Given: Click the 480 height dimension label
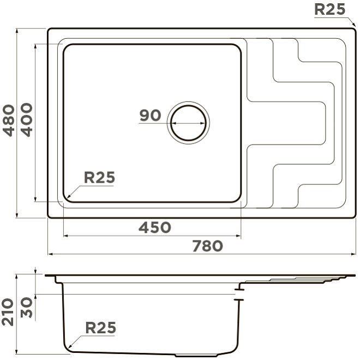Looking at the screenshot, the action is coord(9,121).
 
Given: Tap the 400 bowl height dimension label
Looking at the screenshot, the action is coord(27,120).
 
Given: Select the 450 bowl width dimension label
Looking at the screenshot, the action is coord(155,227).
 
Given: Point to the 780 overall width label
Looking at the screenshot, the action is coord(208,245).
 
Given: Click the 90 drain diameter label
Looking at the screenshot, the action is coord(150,115).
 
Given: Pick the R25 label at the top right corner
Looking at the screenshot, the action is coord(329,9).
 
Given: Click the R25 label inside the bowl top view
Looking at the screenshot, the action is coord(99,177).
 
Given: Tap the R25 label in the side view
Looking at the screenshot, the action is coord(101,328).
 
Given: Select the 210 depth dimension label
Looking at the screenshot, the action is coord(8,312).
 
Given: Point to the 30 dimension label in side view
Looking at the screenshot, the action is coord(27,308).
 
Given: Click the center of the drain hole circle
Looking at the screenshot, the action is coord(188,123).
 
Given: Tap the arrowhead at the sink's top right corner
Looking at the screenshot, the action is coord(354,25).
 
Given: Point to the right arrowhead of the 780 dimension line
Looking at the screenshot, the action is coord(353,254).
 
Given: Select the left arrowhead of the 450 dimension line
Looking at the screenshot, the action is coord(65,236).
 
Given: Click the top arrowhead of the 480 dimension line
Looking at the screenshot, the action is coord(17,31).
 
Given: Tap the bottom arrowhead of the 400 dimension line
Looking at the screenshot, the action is coord(35,199).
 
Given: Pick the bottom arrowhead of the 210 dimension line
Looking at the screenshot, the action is coord(16,351).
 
